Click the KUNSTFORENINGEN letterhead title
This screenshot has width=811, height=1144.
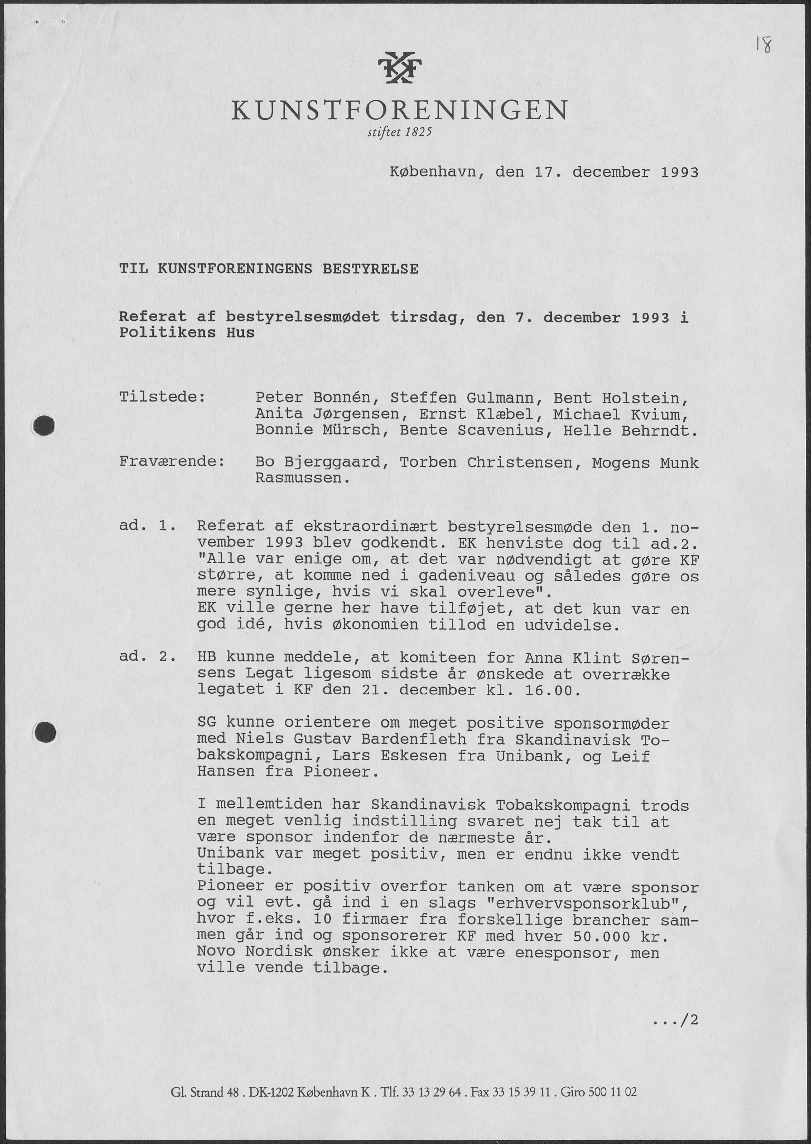pos(399,110)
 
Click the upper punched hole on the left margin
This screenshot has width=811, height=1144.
pos(44,425)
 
